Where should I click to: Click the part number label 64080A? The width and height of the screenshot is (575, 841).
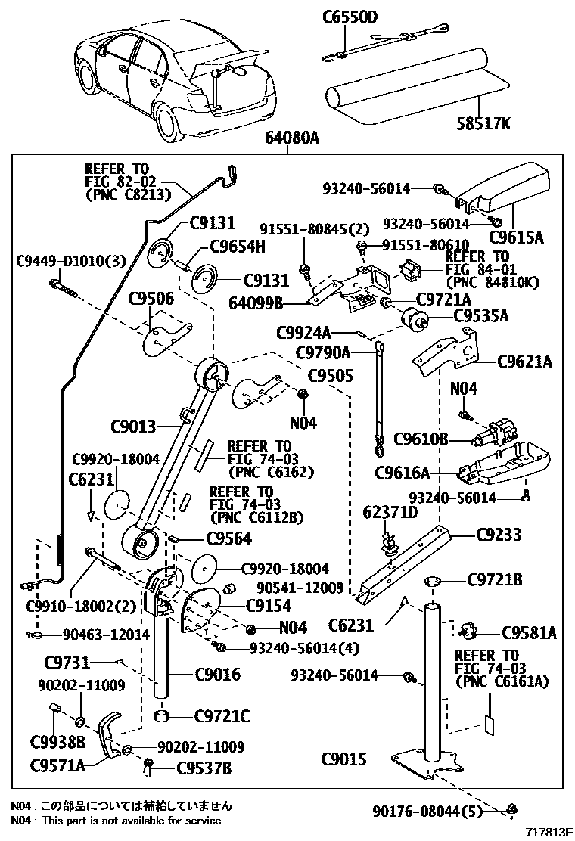(x=292, y=138)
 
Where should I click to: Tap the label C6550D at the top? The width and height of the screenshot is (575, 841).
(x=350, y=17)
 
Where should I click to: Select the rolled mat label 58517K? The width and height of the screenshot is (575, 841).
(x=483, y=125)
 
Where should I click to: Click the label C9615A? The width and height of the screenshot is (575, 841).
(x=516, y=237)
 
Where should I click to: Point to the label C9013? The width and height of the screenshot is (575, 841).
(x=133, y=427)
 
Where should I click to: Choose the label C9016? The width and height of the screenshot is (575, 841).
(x=218, y=674)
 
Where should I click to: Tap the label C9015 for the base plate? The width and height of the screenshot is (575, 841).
(x=343, y=759)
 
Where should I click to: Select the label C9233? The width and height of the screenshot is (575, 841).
(x=499, y=535)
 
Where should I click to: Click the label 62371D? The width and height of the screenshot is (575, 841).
(x=390, y=512)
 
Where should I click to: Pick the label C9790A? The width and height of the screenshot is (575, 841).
(x=323, y=353)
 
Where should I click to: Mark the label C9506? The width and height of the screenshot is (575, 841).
(x=151, y=299)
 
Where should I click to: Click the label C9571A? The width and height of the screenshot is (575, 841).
(x=57, y=765)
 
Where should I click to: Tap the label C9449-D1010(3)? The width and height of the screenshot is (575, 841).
(x=71, y=261)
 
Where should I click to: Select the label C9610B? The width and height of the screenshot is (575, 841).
(x=421, y=440)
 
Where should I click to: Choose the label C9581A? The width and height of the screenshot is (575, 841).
(x=529, y=633)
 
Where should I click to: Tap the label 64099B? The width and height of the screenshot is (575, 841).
(x=255, y=303)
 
